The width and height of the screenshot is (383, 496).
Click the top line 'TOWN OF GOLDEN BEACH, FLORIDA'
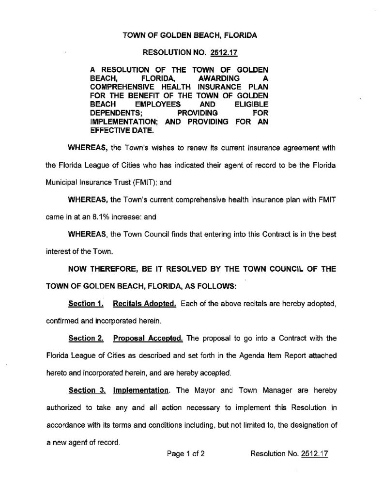click(190, 35)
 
